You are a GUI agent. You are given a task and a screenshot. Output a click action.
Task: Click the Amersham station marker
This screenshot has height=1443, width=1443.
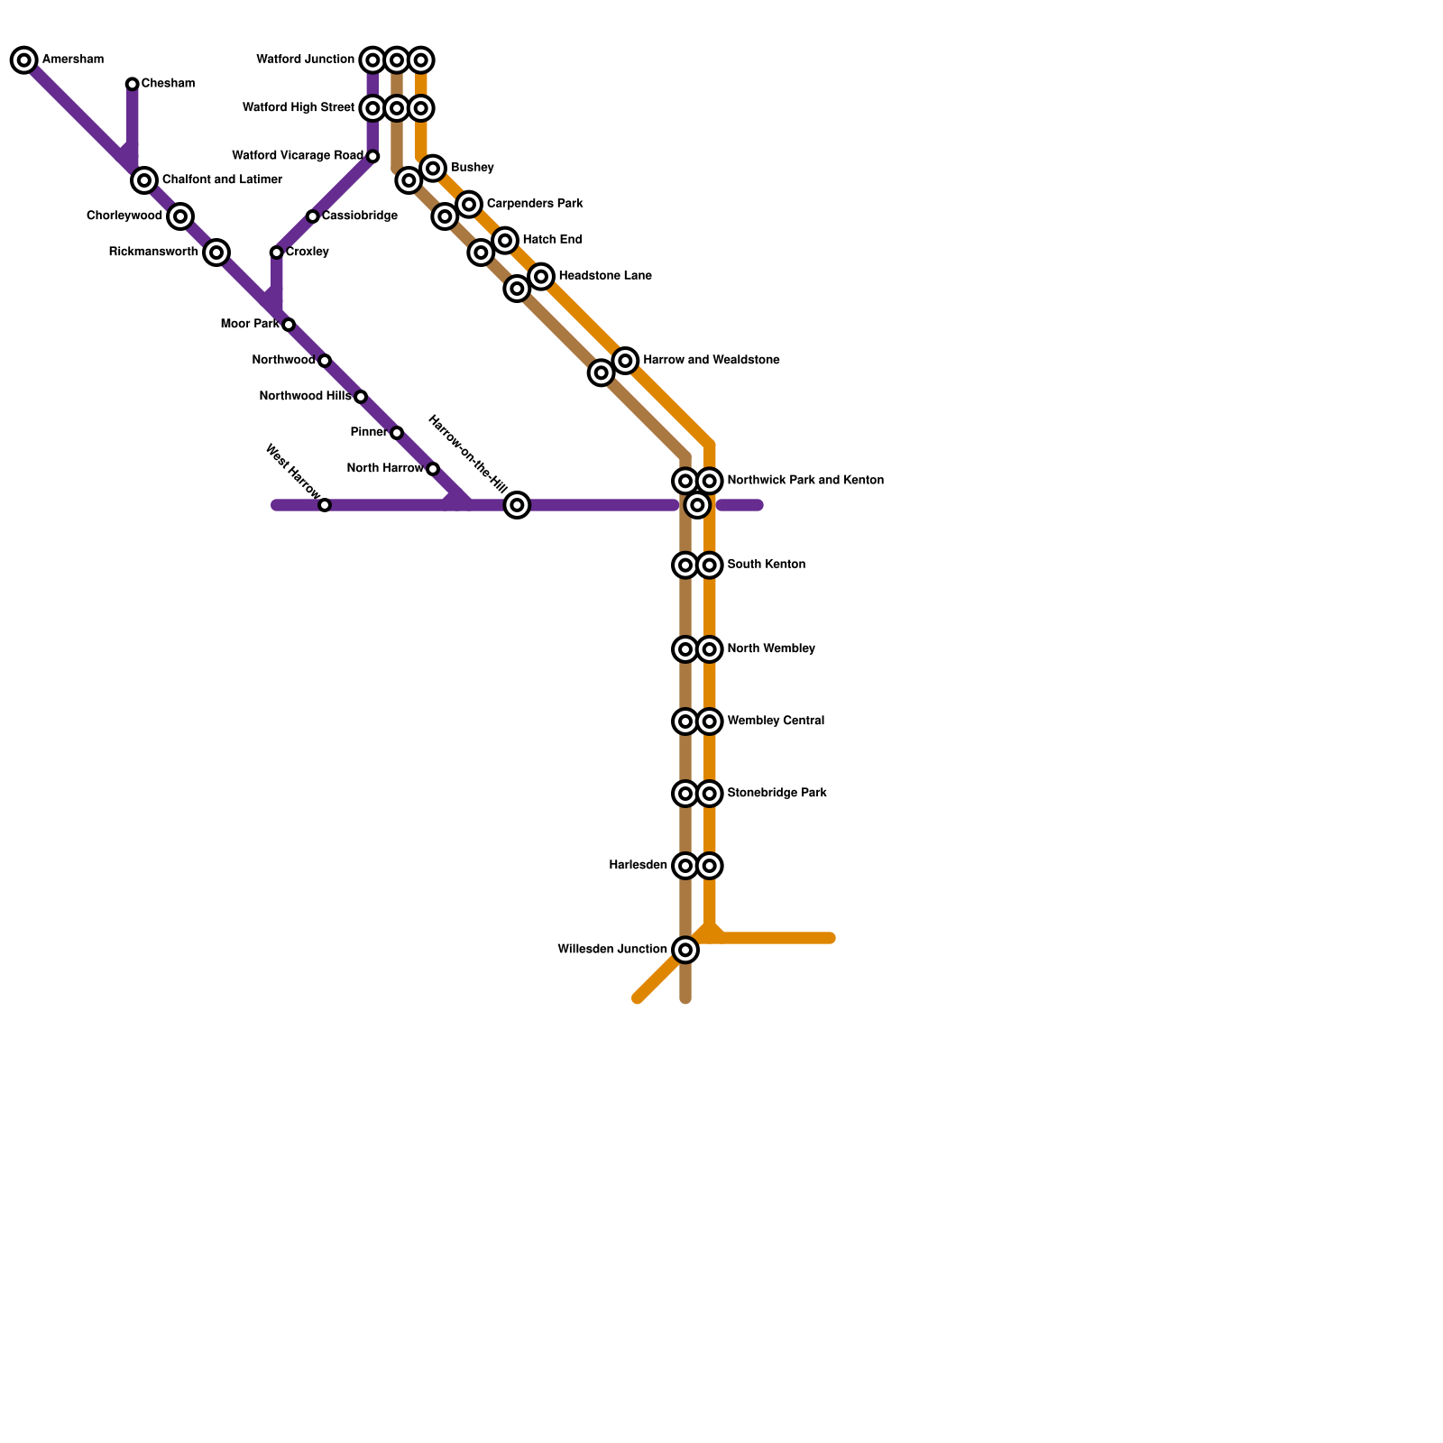tap(24, 60)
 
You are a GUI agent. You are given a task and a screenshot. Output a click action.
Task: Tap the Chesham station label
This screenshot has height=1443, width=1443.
tap(168, 84)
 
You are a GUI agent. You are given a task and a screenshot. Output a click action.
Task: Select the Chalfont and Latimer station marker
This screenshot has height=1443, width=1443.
tap(144, 180)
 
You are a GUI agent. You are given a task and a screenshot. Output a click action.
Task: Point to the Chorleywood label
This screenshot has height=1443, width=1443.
tap(124, 216)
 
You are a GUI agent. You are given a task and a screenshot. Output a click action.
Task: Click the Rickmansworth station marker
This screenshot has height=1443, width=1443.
tap(216, 253)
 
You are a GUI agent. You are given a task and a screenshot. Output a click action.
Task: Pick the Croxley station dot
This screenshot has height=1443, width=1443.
tap(276, 253)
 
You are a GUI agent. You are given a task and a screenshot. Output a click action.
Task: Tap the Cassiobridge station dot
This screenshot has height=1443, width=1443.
tap(312, 216)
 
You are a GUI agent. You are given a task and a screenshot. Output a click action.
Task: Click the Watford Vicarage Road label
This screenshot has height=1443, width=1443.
tap(298, 156)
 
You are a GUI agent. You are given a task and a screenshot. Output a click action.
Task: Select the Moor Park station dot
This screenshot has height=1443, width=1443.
tap(288, 325)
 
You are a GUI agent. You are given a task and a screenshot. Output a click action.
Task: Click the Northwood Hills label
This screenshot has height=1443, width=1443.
tap(305, 397)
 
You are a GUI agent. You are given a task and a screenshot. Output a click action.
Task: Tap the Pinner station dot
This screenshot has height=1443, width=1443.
tap(397, 433)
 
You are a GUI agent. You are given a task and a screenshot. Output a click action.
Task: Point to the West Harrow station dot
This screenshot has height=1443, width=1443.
tap(325, 505)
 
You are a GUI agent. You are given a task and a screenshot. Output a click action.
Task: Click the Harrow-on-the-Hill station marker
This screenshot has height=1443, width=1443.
tap(517, 505)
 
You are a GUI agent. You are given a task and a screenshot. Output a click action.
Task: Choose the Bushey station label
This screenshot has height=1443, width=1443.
tap(473, 169)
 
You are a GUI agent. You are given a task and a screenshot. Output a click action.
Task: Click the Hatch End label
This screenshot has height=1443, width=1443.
tap(552, 240)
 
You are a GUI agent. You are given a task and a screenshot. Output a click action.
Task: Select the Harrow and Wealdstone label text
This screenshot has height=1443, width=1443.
tap(712, 361)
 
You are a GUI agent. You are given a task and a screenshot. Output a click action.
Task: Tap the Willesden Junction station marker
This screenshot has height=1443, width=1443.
tap(685, 950)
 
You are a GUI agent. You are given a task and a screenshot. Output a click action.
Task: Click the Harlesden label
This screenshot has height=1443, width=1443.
tap(638, 866)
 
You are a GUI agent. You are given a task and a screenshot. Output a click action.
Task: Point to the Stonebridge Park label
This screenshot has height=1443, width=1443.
tap(777, 794)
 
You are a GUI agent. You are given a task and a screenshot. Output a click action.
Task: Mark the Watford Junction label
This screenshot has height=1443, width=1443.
tap(305, 60)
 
